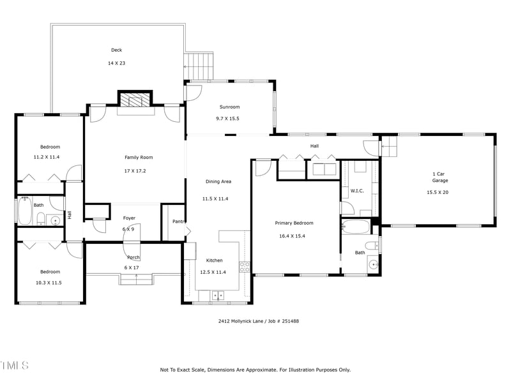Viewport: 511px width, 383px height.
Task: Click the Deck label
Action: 116,50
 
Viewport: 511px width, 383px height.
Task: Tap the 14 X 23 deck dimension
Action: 116,63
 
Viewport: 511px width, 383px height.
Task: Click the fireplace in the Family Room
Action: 135,100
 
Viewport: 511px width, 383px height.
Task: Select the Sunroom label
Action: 229,107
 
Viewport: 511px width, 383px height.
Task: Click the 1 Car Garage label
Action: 439,177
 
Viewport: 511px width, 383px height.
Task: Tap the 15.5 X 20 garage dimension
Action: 438,191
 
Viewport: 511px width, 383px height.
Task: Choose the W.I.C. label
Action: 357,191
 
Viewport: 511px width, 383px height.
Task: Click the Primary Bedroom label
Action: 294,223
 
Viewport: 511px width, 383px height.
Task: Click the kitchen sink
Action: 218,295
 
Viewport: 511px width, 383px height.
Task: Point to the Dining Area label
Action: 218,181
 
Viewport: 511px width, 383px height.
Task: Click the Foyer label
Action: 129,218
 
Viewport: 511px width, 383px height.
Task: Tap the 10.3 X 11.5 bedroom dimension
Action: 48,282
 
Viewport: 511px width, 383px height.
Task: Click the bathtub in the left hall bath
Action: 25,212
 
